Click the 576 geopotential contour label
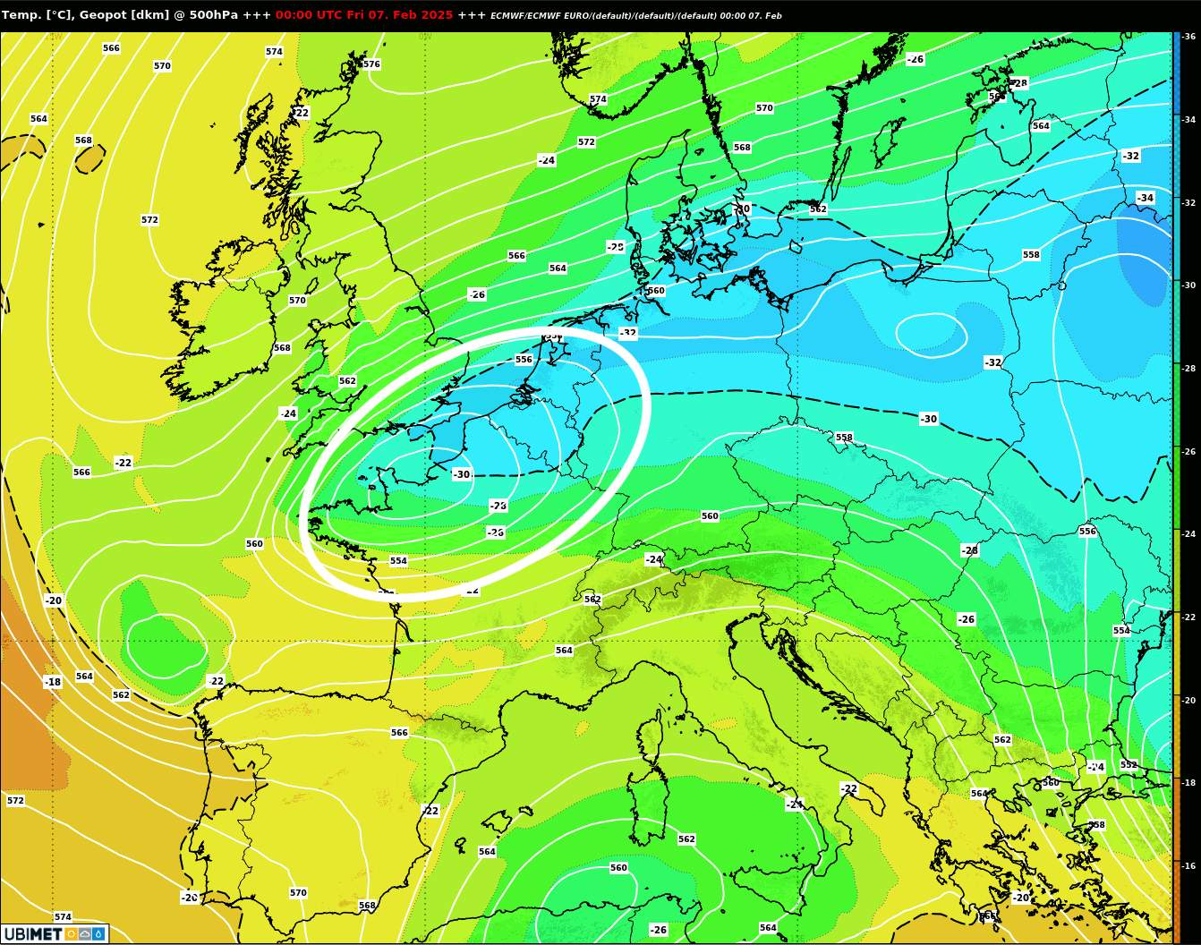click(x=371, y=64)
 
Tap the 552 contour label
click(x=1129, y=765)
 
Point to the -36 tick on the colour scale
click(x=1189, y=37)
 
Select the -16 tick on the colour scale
click(x=1189, y=866)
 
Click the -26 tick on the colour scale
click(x=1189, y=452)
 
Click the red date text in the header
click(x=363, y=15)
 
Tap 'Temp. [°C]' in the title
click(x=37, y=15)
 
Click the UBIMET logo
click(x=55, y=934)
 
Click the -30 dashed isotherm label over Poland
click(x=929, y=419)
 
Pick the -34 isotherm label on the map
click(x=1145, y=198)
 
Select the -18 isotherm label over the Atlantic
click(x=53, y=682)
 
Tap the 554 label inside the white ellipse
click(x=398, y=561)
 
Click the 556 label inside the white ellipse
click(x=524, y=360)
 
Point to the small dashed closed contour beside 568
click(x=89, y=158)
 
